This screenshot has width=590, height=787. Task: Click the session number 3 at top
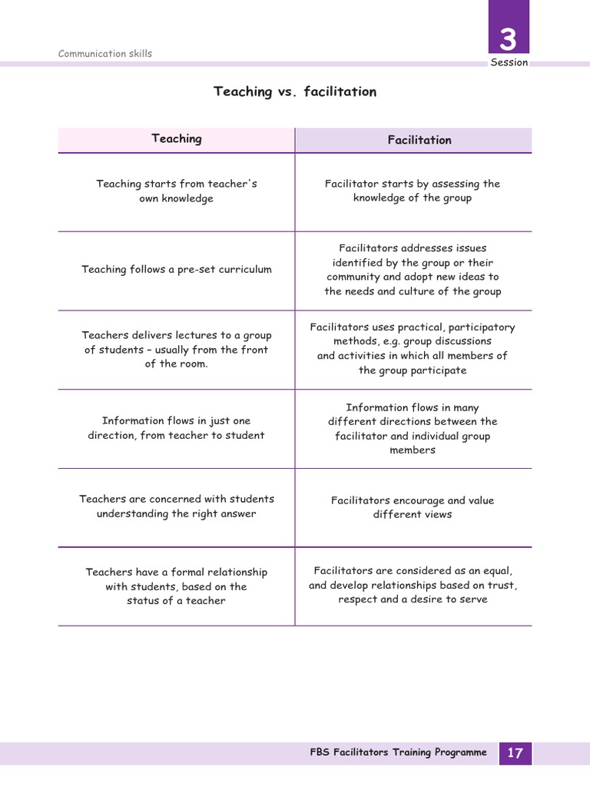(509, 38)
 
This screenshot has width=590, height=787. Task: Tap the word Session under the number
(509, 62)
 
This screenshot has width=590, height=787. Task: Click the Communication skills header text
(105, 54)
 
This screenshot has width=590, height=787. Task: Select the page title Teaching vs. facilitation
(295, 91)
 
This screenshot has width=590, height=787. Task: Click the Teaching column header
(177, 138)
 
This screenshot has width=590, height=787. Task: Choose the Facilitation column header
(419, 140)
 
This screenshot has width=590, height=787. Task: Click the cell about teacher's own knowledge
(177, 191)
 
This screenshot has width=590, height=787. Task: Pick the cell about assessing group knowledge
(413, 191)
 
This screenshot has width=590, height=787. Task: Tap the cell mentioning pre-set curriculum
(177, 270)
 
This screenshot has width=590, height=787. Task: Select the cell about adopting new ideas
(413, 270)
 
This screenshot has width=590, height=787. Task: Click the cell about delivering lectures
(177, 350)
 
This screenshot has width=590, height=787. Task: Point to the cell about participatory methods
(413, 348)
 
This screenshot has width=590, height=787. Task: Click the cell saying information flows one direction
(177, 428)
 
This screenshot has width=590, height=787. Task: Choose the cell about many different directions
(413, 429)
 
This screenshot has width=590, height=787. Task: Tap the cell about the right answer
(177, 506)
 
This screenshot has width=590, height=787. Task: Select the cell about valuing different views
(413, 507)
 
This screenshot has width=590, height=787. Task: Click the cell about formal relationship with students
(177, 586)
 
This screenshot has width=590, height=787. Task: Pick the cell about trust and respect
(413, 585)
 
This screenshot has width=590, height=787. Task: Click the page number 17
(515, 753)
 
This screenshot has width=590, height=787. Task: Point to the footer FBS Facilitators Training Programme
(398, 752)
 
